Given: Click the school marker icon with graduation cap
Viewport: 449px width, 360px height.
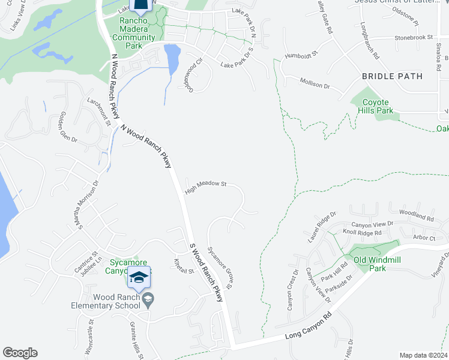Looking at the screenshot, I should coord(139,277).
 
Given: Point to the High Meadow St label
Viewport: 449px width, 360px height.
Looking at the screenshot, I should coord(205,188).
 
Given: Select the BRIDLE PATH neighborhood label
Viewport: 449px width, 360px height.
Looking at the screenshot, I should coord(392,76).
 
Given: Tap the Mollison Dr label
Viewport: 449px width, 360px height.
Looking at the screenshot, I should coord(315,83).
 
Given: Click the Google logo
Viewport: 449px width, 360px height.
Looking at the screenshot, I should coord(20,353).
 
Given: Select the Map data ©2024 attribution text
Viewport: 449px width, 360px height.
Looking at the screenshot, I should coord(423,355).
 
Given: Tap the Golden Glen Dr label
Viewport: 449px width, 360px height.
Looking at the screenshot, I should coord(68,127).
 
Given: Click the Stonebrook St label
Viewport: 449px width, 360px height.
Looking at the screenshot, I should coord(414,37).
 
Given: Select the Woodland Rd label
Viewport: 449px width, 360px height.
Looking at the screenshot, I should coord(415,215).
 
